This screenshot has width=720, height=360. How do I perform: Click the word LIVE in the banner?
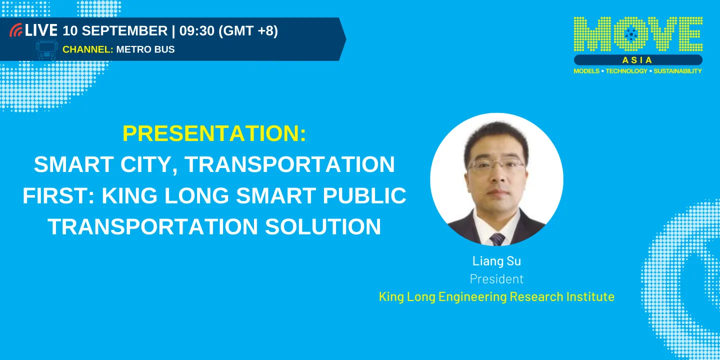click(x=41, y=30)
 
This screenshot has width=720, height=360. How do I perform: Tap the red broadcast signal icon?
click(x=16, y=30)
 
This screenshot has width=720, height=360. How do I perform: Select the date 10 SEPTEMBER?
click(x=115, y=30)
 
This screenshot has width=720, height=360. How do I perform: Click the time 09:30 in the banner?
click(x=197, y=30)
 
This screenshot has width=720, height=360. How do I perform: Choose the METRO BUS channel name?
click(x=145, y=49)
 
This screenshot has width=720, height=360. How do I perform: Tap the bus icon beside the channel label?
click(x=46, y=50)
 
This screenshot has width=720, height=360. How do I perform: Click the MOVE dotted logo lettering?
click(x=638, y=34)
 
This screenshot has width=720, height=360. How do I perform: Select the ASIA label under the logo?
click(x=637, y=60)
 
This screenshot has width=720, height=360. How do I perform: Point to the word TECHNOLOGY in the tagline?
click(x=626, y=71)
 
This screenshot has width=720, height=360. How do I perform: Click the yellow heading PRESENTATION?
click(x=214, y=133)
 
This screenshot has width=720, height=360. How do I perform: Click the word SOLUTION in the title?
click(x=323, y=226)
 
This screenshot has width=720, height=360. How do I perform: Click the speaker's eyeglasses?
click(x=496, y=165)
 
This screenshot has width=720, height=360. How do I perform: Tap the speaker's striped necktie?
click(x=497, y=238)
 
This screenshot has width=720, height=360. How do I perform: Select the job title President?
click(x=496, y=278)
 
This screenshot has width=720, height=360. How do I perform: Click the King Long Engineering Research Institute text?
click(x=496, y=296)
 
